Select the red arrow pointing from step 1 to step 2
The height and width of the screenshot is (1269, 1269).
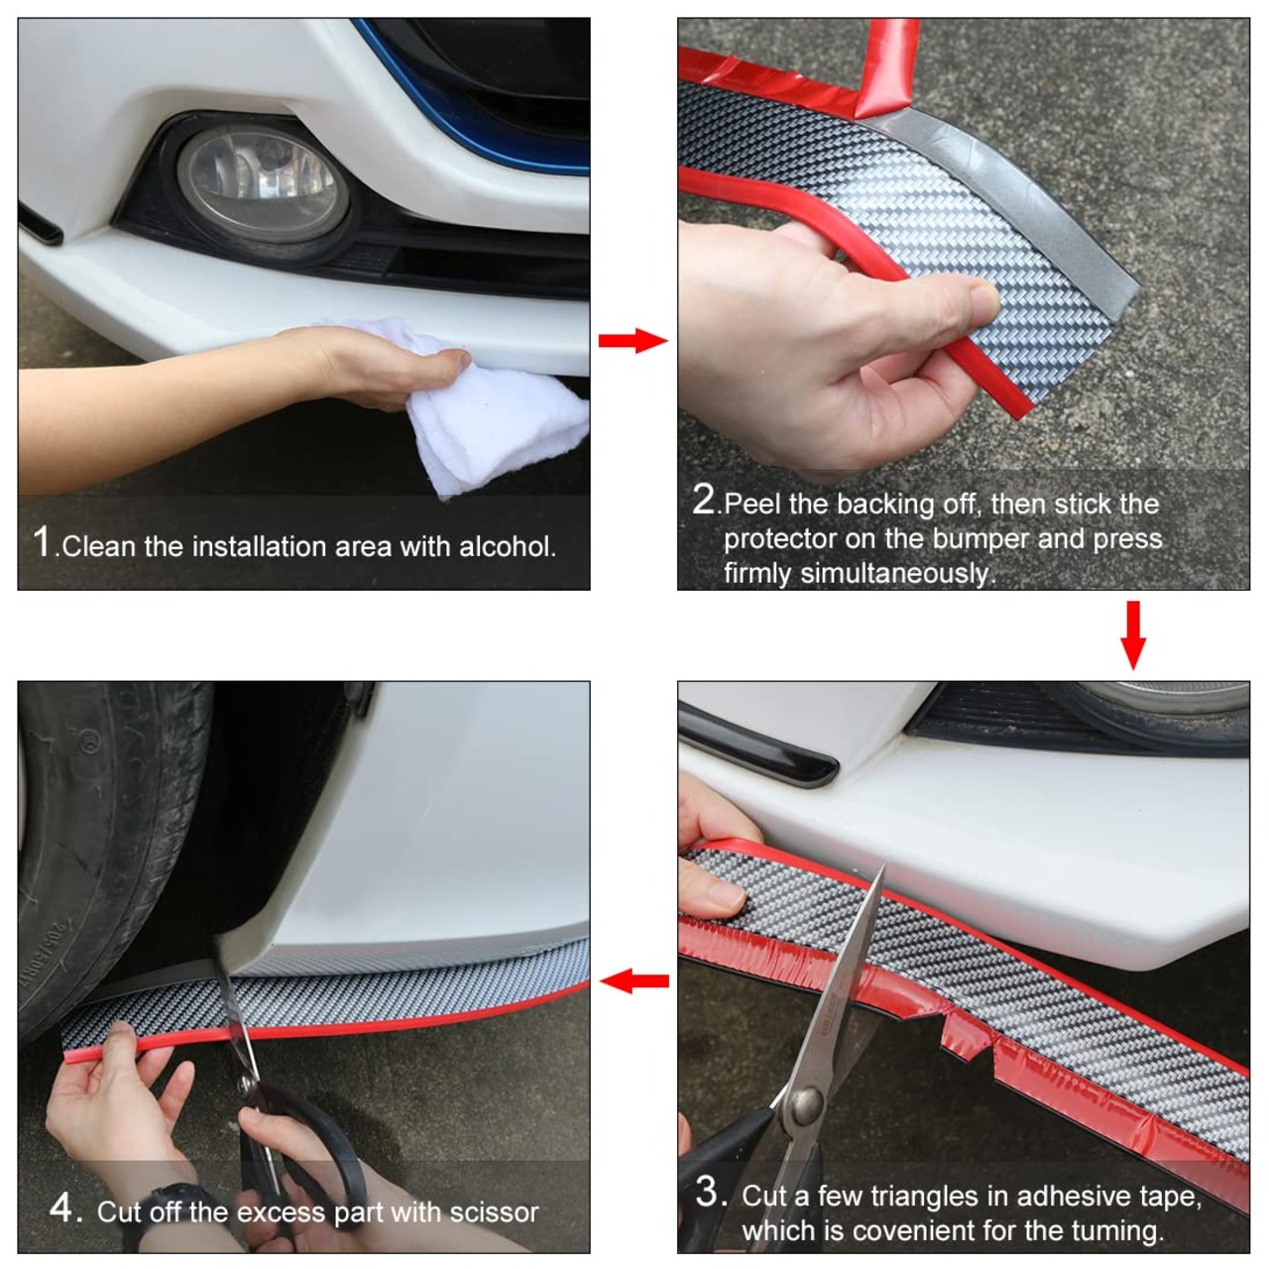pos(633,340)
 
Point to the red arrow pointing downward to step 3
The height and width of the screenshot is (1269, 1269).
pos(1133,634)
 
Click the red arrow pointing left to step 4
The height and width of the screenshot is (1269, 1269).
pos(634,981)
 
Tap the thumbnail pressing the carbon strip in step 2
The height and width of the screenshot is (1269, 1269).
pos(983,299)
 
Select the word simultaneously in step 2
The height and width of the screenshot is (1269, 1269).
pos(894,574)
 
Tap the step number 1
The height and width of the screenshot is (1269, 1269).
pos(42,541)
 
